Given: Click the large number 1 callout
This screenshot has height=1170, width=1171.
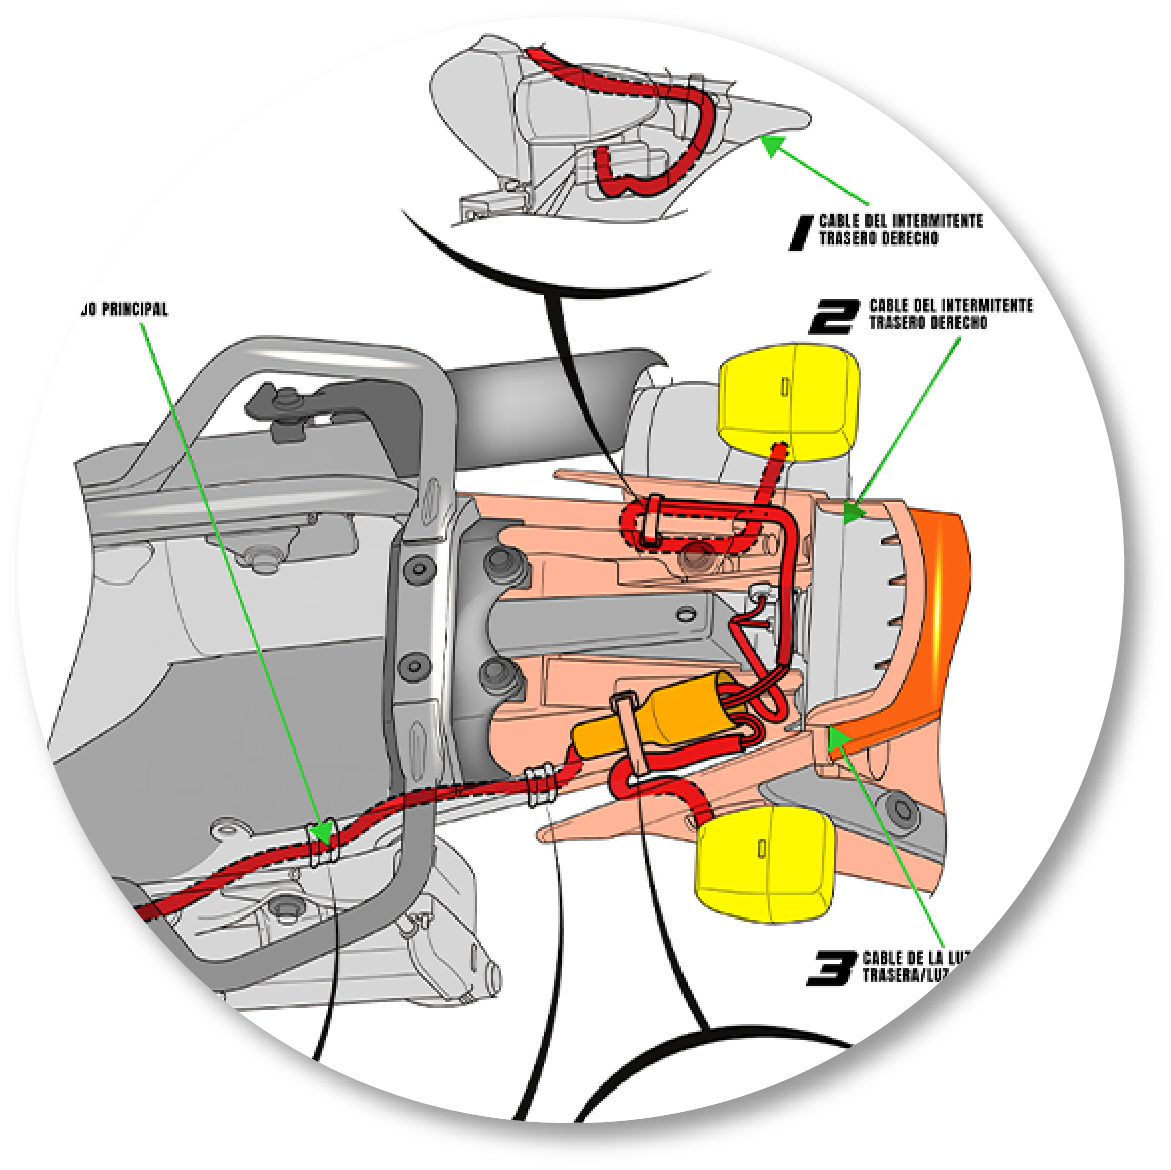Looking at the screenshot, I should (799, 232).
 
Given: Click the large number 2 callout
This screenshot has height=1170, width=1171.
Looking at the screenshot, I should (833, 316).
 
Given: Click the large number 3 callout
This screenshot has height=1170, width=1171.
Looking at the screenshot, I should (832, 968).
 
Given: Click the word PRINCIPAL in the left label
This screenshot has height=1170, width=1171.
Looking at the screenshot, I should (135, 309).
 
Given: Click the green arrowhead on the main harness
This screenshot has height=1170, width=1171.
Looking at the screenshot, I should (321, 832).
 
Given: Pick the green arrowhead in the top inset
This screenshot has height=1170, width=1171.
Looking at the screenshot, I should (771, 145).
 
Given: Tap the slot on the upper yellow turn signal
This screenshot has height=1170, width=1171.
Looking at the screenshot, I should (785, 387).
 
